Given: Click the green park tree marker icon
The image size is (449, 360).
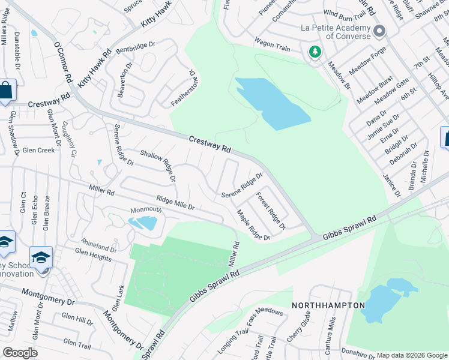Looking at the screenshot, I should click(315, 52).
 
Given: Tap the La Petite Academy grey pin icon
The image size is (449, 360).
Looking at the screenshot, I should click(379, 31).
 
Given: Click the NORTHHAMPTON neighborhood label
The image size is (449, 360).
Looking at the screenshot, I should click(328, 305).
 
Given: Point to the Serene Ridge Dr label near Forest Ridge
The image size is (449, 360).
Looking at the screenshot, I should click(242, 186).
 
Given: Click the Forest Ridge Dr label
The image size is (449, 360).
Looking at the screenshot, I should click(270, 210).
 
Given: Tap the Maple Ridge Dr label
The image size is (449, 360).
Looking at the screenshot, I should click(253, 225).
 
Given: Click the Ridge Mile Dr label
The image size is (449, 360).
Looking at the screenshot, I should click(175, 202).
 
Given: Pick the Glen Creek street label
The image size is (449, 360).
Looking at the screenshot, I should click(38, 150).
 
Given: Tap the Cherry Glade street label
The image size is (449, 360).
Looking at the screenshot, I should click(298, 328).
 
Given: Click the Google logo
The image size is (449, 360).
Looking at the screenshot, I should click(20, 353).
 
